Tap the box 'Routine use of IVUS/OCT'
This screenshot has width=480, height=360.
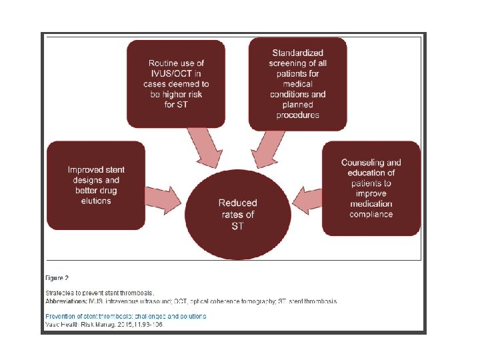click(x=176, y=84)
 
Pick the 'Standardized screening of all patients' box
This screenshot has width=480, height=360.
click(x=297, y=83)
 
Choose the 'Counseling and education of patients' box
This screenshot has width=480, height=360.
click(x=371, y=189)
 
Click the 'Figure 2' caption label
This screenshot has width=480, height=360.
click(x=57, y=277)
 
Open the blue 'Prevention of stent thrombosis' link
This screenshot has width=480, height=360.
click(x=125, y=316)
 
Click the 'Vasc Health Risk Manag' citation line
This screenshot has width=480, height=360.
click(x=103, y=325)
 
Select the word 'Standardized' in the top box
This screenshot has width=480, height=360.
click(x=298, y=53)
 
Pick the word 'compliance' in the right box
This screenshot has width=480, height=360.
click(x=371, y=214)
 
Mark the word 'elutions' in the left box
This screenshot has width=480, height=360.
click(x=96, y=201)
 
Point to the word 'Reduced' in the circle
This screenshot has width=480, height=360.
click(x=238, y=203)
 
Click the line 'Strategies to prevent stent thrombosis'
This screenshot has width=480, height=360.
click(x=99, y=293)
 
